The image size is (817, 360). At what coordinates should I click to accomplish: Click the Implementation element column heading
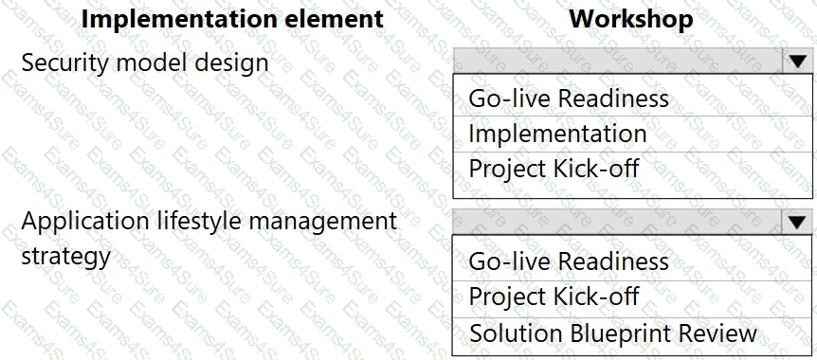[232, 19]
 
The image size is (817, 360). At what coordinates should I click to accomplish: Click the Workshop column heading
[631, 19]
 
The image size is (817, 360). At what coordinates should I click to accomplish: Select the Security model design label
[145, 63]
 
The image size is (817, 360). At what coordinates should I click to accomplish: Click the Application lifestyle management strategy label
[209, 238]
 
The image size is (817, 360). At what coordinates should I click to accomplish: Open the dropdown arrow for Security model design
[797, 61]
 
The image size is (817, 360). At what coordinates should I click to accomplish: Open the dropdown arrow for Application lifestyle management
[797, 223]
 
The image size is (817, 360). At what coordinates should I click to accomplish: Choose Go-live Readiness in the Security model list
[569, 98]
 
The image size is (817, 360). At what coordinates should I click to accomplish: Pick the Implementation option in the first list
[557, 134]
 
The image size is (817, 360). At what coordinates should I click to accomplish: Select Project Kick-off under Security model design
[554, 169]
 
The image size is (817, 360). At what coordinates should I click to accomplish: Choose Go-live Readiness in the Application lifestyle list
[569, 261]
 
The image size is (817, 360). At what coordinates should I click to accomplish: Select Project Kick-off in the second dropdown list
[554, 296]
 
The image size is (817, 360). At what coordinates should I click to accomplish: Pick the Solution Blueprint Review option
[612, 333]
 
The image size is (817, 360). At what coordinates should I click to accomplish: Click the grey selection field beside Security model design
[618, 61]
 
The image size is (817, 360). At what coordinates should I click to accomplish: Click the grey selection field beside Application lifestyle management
[618, 223]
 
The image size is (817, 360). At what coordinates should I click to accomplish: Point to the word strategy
[66, 256]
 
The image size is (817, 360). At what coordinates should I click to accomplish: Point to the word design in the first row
[234, 63]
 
